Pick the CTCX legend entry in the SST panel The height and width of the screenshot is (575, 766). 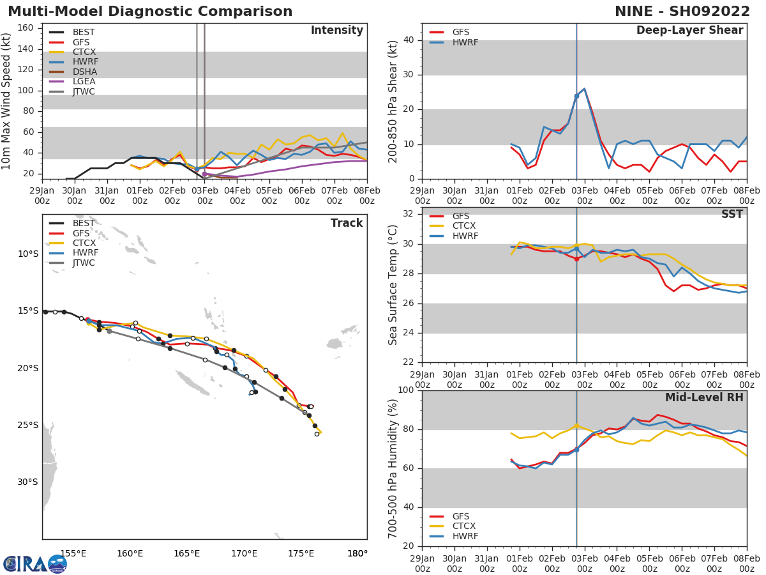click(x=464, y=226)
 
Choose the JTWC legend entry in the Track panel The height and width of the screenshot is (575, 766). click(x=84, y=263)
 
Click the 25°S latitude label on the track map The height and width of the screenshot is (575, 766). click(x=28, y=425)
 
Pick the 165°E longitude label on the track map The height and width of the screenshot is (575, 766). click(x=186, y=553)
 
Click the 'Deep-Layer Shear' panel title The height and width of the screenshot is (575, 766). click(x=689, y=31)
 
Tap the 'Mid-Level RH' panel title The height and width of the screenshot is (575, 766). click(x=704, y=397)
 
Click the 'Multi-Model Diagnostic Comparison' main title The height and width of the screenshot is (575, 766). click(x=150, y=11)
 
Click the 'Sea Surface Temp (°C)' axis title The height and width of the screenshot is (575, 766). click(x=393, y=285)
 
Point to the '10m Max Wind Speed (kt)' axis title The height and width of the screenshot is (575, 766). click(x=7, y=102)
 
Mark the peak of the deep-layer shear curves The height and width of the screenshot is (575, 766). click(x=584, y=89)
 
